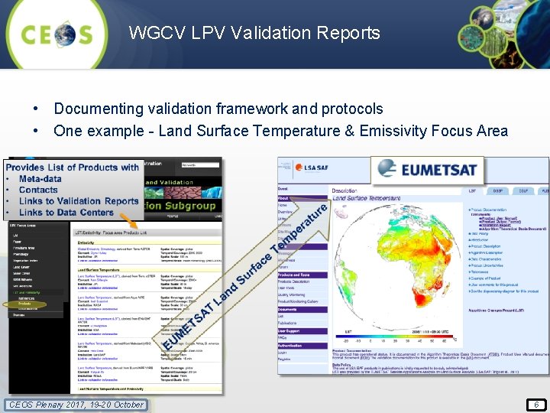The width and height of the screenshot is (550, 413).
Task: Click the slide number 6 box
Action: tap(536, 405)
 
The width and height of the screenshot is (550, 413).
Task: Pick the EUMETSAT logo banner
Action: tap(458, 171)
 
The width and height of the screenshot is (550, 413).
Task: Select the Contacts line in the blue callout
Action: tap(38, 190)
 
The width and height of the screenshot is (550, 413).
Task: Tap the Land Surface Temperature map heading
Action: tap(366, 198)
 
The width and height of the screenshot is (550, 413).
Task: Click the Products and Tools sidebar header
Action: tap(294, 274)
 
